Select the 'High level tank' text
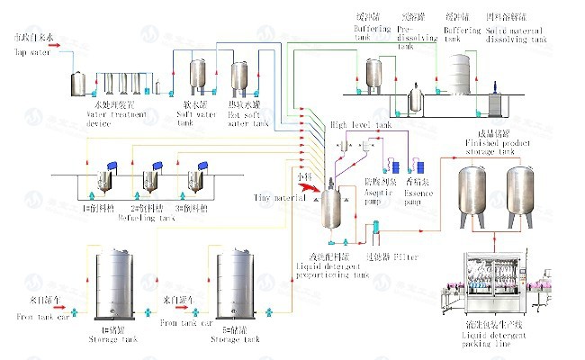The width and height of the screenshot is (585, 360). (x=360, y=125)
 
